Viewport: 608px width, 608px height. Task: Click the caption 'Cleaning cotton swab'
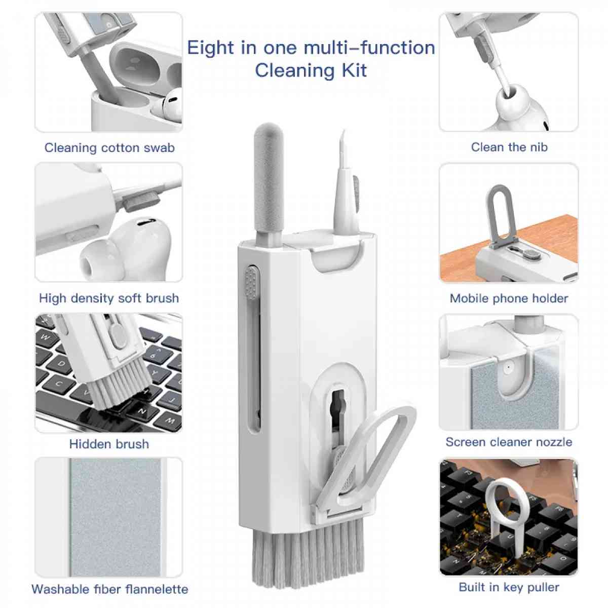[109, 148]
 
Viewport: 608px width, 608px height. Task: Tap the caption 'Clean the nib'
[509, 147]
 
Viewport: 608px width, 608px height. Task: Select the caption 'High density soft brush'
[109, 298]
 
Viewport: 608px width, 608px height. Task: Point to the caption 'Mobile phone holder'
[509, 298]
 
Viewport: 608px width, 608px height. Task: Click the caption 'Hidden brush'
[109, 444]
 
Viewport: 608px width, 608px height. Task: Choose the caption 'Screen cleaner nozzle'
[509, 442]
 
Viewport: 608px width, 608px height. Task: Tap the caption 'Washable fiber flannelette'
[109, 589]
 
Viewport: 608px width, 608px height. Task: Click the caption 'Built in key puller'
[509, 588]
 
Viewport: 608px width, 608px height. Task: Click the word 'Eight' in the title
[210, 48]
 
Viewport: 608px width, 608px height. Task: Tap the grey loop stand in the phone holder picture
[499, 213]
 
